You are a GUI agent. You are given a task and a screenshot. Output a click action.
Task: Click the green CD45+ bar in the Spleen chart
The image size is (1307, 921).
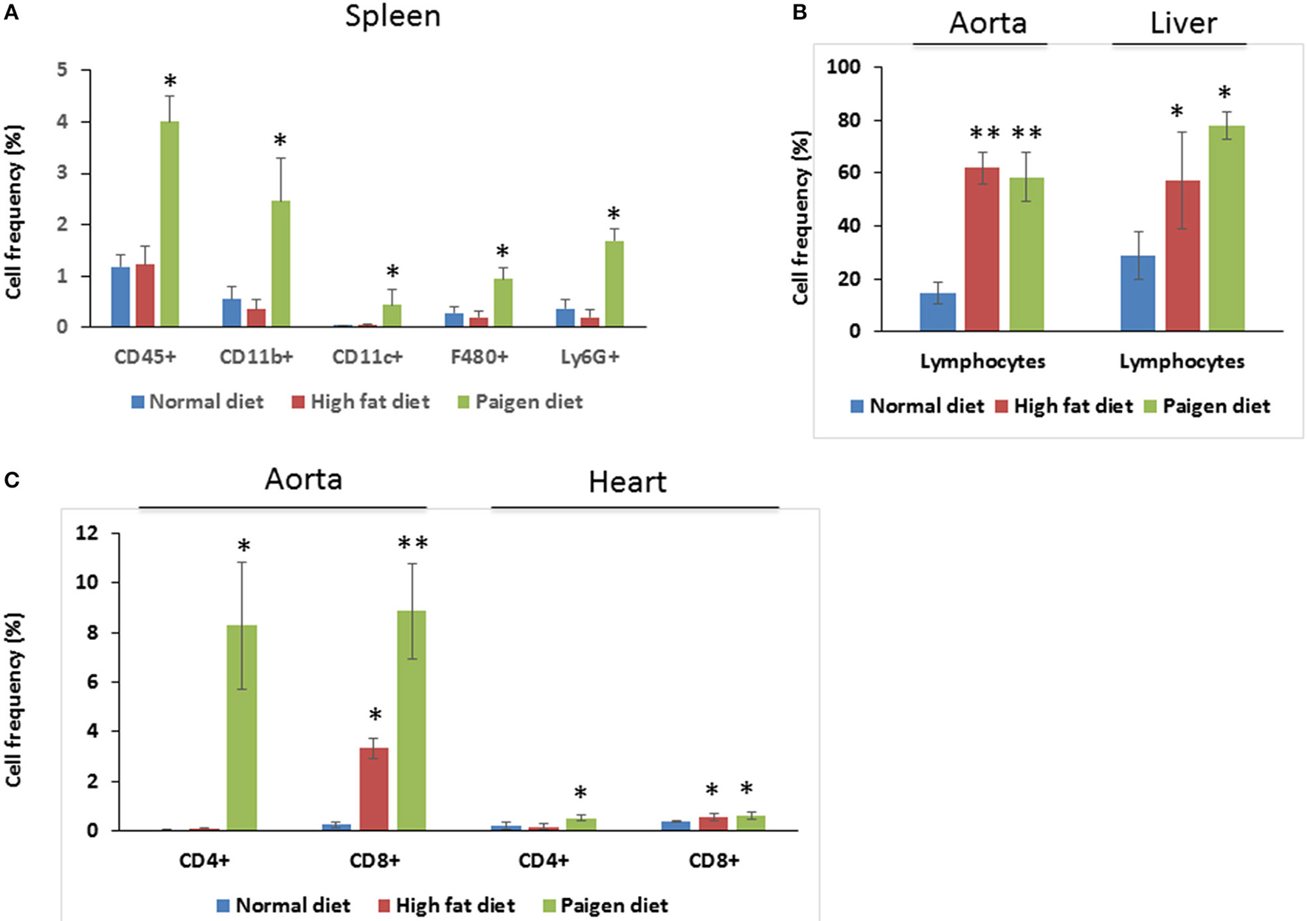170,224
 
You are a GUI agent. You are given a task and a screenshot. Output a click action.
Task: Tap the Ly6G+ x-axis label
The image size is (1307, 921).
590,358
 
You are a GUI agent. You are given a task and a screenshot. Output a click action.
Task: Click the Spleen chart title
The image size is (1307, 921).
392,16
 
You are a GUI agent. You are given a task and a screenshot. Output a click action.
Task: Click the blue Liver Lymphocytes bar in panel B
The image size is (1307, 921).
1137,293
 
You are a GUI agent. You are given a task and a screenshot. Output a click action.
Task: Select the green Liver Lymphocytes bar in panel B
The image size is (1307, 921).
1227,229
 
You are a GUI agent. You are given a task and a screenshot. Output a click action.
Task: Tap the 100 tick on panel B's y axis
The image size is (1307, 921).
843,67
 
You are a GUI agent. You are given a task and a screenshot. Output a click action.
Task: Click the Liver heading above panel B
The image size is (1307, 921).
1182,24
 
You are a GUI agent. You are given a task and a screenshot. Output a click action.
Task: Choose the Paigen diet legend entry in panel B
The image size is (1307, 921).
1216,406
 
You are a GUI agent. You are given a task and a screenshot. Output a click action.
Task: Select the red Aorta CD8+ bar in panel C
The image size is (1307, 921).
373,789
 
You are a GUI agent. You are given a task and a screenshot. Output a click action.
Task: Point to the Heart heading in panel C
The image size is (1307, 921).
628,482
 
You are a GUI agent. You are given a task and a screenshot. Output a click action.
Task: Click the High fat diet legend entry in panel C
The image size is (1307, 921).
454,905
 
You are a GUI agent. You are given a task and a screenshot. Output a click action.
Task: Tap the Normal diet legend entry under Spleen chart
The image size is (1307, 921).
205,402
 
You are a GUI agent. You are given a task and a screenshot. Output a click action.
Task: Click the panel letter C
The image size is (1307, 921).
11,481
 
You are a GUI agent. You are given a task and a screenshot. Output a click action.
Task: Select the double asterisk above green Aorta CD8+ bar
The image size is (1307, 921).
412,544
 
